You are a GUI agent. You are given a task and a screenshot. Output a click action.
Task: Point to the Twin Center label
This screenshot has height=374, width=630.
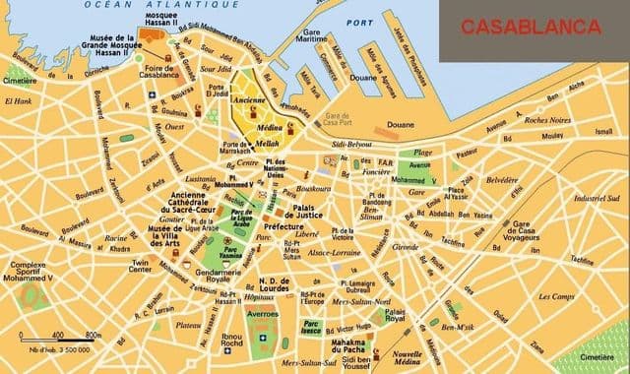coord(142,268)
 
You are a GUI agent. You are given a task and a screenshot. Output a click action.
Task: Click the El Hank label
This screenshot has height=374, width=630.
coord(20,100)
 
